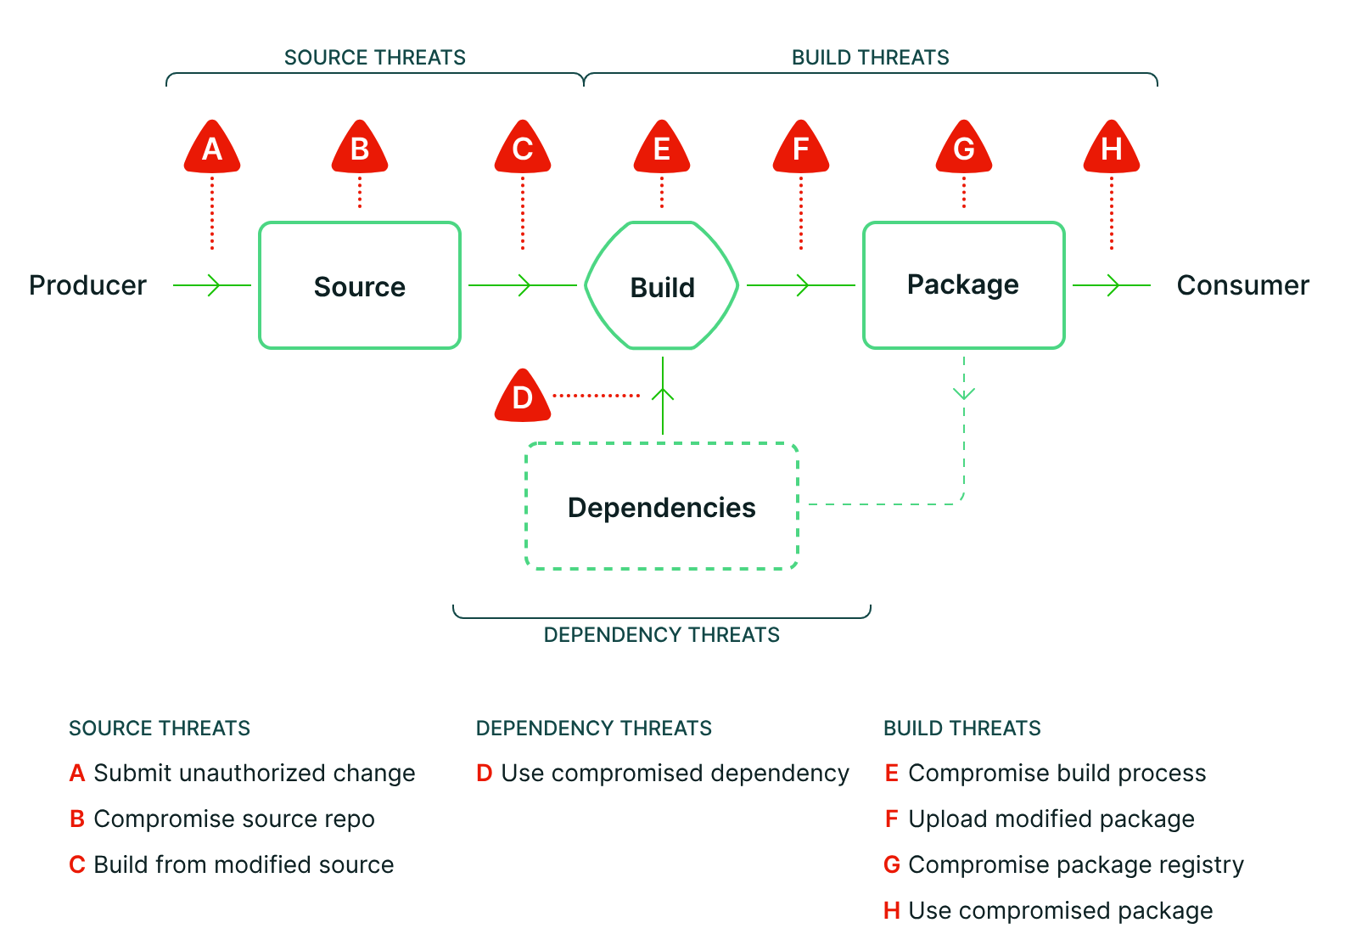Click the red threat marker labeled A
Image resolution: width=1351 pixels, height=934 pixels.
(x=212, y=147)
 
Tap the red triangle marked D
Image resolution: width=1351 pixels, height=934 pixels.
(x=522, y=396)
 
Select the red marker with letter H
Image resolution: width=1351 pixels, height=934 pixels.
(x=1112, y=147)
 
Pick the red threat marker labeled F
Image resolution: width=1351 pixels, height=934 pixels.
(x=801, y=147)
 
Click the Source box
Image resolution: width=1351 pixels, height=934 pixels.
(x=360, y=285)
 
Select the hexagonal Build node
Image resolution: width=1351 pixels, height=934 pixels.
(x=662, y=285)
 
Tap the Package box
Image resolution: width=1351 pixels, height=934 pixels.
(x=964, y=285)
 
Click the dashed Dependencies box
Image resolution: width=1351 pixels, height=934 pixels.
(x=662, y=506)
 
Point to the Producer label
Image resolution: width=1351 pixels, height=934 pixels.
(x=87, y=285)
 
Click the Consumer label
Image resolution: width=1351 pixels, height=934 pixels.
(x=1242, y=285)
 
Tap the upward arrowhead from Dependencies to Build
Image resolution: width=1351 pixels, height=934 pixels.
(x=663, y=394)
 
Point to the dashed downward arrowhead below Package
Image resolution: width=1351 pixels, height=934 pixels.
(x=964, y=393)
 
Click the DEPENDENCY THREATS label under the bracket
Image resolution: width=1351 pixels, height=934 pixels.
(x=662, y=635)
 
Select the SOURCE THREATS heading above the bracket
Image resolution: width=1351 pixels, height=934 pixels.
(x=375, y=58)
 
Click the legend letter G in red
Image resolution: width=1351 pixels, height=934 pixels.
(x=892, y=864)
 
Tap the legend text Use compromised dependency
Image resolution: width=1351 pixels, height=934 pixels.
(x=675, y=774)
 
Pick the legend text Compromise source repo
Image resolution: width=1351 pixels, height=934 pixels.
(x=234, y=819)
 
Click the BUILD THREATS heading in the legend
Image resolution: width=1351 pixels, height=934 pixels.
(x=962, y=729)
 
